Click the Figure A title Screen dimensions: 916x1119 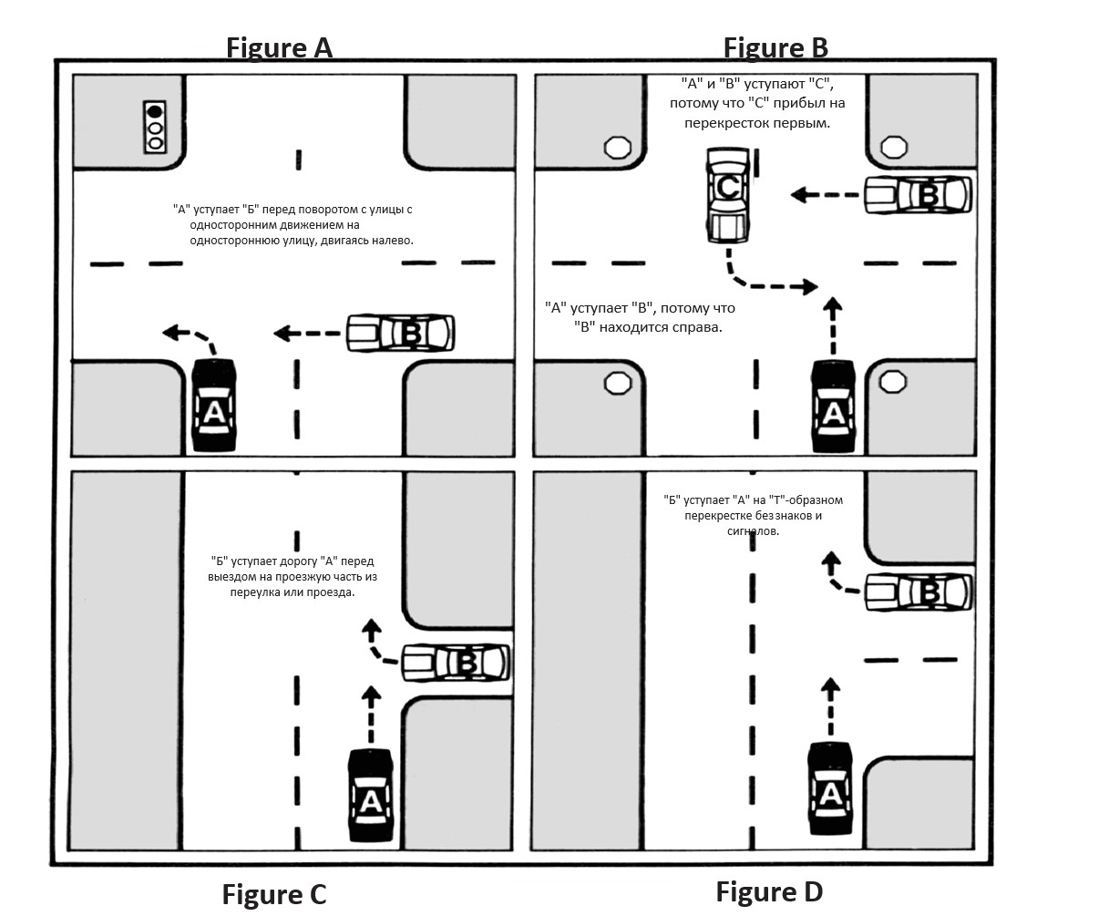pos(279,47)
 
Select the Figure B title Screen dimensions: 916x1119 pos(775,47)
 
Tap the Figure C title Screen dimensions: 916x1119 pos(273,895)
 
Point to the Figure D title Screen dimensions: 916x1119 pos(769,890)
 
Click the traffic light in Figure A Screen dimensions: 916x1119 pos(156,126)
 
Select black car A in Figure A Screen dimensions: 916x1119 pos(214,406)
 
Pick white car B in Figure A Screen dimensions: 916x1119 pos(400,334)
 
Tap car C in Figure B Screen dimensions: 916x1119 pos(728,196)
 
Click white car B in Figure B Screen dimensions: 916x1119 pos(918,194)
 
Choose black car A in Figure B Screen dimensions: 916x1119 pos(834,406)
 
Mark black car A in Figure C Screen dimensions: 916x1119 pos(371,796)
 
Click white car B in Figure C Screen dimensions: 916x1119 pos(455,663)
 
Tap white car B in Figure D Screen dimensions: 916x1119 pos(918,592)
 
